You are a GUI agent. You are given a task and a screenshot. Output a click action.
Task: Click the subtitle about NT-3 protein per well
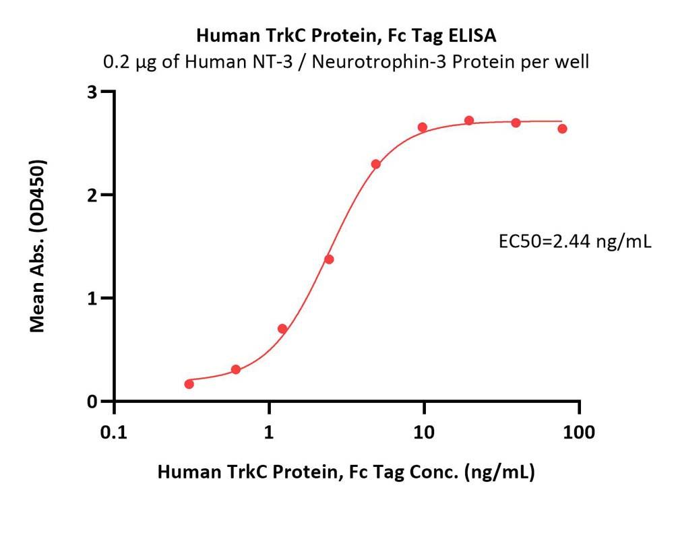click(346, 63)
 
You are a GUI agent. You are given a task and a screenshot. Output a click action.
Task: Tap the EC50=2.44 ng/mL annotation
click(574, 241)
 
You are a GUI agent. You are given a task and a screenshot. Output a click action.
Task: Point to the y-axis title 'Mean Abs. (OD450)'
click(38, 246)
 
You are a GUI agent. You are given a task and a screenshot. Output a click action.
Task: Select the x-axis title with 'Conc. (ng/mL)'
click(346, 472)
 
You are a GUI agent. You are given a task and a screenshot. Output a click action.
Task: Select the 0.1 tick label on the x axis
click(114, 432)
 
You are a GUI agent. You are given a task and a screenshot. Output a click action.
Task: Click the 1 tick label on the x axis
click(269, 432)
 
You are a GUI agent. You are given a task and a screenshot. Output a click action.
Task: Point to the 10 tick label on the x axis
click(424, 432)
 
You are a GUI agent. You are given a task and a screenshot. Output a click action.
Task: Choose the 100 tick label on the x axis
click(579, 432)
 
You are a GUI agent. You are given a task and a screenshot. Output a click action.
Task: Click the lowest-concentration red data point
click(189, 384)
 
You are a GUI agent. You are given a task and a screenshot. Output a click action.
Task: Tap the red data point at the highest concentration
click(563, 129)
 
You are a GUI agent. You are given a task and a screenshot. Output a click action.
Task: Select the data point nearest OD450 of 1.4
click(329, 259)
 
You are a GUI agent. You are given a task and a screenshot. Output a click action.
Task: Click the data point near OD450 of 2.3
click(376, 164)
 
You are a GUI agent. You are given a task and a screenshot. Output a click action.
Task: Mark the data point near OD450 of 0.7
click(282, 329)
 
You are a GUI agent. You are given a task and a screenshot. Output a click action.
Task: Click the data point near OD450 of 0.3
click(236, 370)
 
